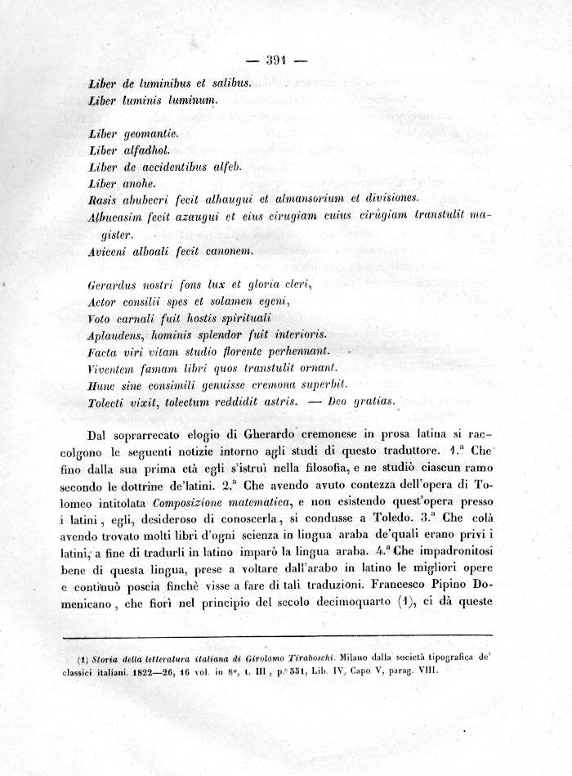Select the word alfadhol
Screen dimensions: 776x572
click(146, 150)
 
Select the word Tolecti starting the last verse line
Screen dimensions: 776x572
click(109, 401)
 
